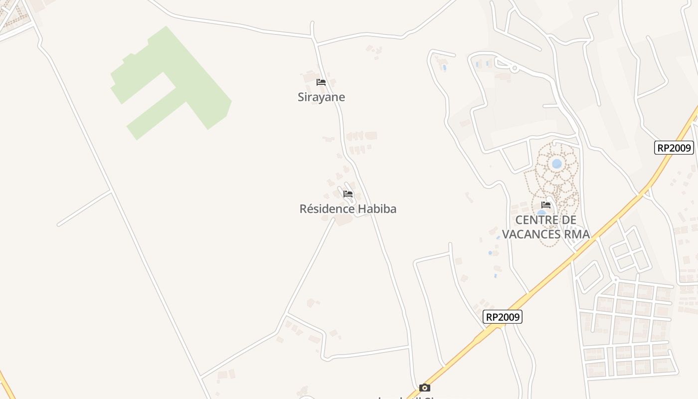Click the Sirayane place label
(x=321, y=97)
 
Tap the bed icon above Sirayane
(x=321, y=82)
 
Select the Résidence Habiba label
(x=348, y=208)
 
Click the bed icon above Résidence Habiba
(x=348, y=194)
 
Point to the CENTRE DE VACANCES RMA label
(x=545, y=227)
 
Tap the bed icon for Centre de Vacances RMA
(x=546, y=205)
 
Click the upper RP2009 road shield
(x=674, y=148)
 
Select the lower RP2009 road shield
(x=503, y=317)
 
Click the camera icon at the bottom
(x=424, y=388)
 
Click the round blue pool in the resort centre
(x=557, y=164)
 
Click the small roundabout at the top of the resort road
(x=515, y=69)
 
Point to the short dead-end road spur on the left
(x=84, y=207)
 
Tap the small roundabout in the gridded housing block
(x=616, y=280)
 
